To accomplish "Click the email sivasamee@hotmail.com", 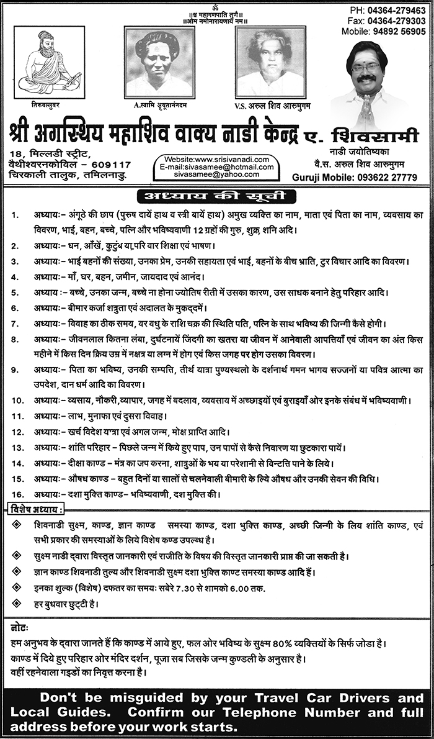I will click(213, 167).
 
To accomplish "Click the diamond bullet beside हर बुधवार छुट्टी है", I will click(15, 602).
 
